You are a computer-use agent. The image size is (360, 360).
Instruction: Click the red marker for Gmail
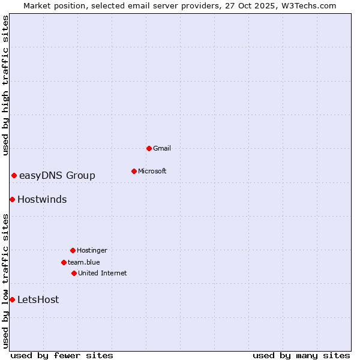pos(149,148)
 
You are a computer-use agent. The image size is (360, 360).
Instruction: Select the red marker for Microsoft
pos(134,171)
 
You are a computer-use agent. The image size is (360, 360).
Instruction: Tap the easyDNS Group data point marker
pos(14,175)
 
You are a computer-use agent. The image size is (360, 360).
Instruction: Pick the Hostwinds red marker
pos(12,199)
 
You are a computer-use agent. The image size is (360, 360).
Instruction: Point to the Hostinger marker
pos(73,250)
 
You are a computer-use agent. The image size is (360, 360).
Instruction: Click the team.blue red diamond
pos(64,262)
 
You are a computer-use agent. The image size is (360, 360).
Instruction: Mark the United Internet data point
pos(74,273)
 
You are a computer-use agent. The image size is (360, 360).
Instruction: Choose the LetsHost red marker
pos(12,299)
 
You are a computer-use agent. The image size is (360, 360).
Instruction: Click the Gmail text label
pos(162,148)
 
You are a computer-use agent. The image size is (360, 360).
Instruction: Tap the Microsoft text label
pos(152,171)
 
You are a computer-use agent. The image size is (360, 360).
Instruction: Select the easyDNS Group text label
pos(57,175)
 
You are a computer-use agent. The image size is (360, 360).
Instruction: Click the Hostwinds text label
pos(42,199)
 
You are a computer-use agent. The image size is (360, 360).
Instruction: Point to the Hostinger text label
pos(92,250)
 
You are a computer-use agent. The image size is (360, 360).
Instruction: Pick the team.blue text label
pos(84,262)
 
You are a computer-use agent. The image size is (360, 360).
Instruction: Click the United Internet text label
pos(103,273)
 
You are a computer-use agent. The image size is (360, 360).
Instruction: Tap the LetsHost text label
pos(38,299)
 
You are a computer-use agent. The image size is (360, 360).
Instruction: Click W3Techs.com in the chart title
pos(308,5)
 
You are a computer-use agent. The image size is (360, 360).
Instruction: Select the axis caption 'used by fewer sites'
pos(62,355)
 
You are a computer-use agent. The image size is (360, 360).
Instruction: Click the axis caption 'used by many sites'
pos(301,355)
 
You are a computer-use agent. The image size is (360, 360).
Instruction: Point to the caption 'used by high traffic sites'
pos(5,85)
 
